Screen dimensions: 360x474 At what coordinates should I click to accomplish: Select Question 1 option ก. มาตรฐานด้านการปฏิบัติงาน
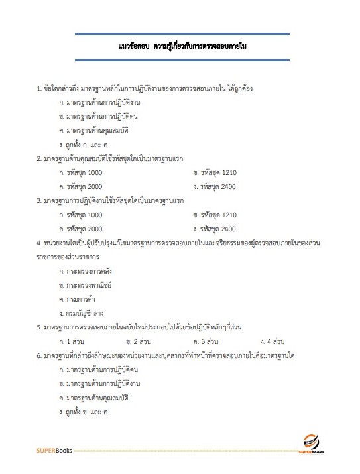pyautogui.click(x=99, y=103)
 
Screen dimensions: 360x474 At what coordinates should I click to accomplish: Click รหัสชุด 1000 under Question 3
pyautogui.click(x=81, y=215)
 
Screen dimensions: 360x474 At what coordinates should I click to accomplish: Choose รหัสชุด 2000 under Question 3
pyautogui.click(x=81, y=229)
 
